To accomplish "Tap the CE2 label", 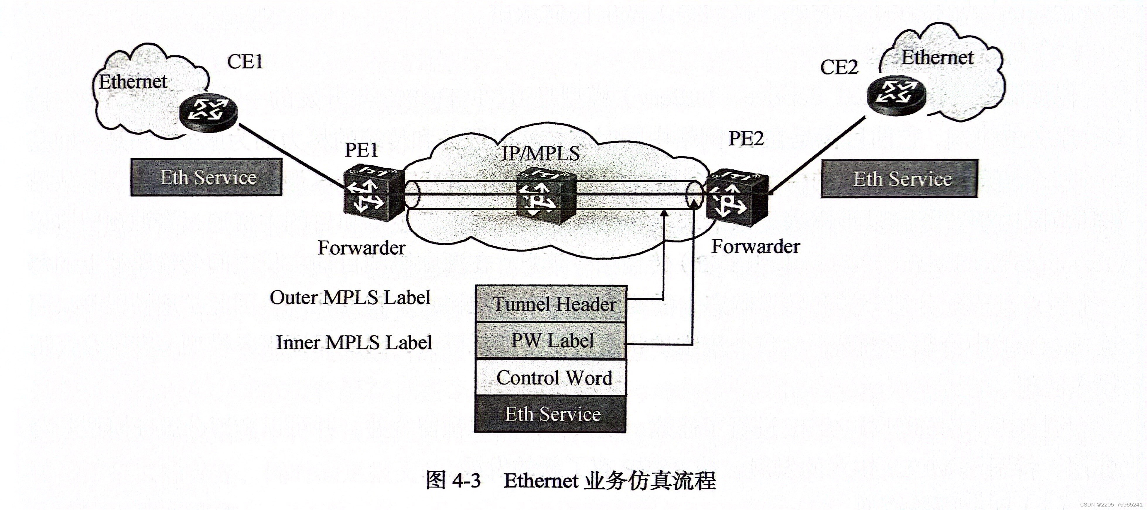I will (x=839, y=67).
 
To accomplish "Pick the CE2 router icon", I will (x=896, y=95).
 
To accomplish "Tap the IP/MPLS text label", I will (x=541, y=154).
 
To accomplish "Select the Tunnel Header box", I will (x=551, y=304).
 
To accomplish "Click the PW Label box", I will (x=551, y=341).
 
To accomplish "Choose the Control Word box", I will (x=551, y=378).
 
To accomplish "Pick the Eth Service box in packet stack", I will (x=551, y=414).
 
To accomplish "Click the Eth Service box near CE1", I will (x=206, y=177).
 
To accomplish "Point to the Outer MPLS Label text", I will (x=350, y=297).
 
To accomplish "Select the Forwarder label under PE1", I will (x=361, y=248).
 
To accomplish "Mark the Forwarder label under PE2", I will (x=755, y=246).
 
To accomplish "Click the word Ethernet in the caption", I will (x=541, y=481).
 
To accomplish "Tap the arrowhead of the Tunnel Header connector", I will (x=664, y=212).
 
